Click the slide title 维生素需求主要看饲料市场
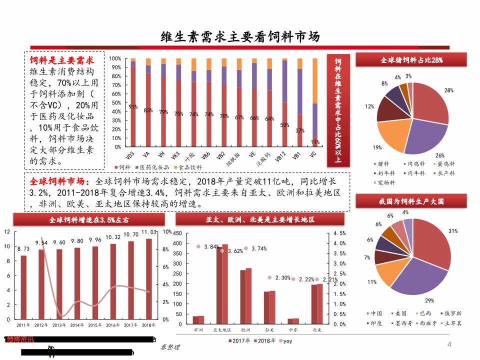click(x=240, y=36)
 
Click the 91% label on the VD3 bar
click(x=133, y=106)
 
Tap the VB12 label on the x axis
click(x=281, y=156)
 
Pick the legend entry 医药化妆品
click(x=156, y=166)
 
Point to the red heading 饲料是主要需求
click(x=62, y=60)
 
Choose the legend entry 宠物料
click(x=387, y=182)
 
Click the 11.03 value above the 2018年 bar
click(x=148, y=232)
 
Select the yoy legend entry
click(x=287, y=341)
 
